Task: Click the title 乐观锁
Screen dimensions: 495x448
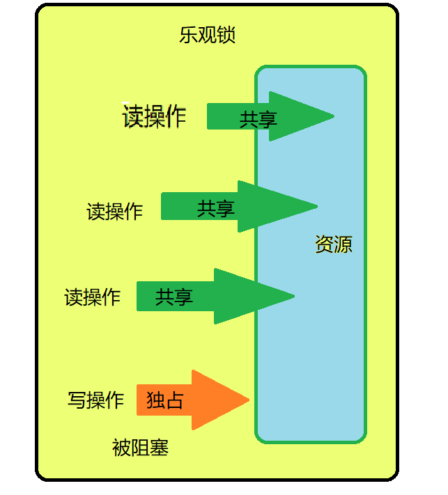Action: pyautogui.click(x=207, y=36)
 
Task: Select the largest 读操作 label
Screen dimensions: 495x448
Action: pyautogui.click(x=155, y=116)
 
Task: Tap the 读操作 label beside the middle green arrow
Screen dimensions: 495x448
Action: pyautogui.click(x=114, y=211)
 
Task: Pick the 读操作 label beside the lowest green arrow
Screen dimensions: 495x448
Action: pyautogui.click(x=92, y=297)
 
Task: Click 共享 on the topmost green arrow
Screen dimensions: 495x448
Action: pyautogui.click(x=258, y=119)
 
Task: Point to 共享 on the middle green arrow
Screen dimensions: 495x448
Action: pyautogui.click(x=215, y=208)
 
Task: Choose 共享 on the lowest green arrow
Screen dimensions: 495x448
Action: pyautogui.click(x=173, y=297)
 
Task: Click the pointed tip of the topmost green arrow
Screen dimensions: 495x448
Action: pyautogui.click(x=334, y=116)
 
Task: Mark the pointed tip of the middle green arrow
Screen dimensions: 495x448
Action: pyautogui.click(x=317, y=206)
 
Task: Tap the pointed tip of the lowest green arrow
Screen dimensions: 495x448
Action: pyautogui.click(x=294, y=296)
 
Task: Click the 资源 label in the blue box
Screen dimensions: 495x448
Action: pyautogui.click(x=333, y=244)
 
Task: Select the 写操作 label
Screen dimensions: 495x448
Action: pyautogui.click(x=95, y=400)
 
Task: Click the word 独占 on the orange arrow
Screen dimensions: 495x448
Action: pyautogui.click(x=164, y=400)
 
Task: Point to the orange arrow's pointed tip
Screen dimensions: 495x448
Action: pyautogui.click(x=249, y=400)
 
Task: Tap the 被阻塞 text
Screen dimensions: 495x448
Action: pyautogui.click(x=140, y=448)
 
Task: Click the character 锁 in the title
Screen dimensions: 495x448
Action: pyautogui.click(x=226, y=36)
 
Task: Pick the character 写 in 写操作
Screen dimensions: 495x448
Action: pyautogui.click(x=77, y=400)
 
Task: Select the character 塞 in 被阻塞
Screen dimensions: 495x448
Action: pyautogui.click(x=159, y=448)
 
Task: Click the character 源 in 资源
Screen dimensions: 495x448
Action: pyautogui.click(x=343, y=244)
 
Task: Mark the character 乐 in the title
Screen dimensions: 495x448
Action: pyautogui.click(x=189, y=36)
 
